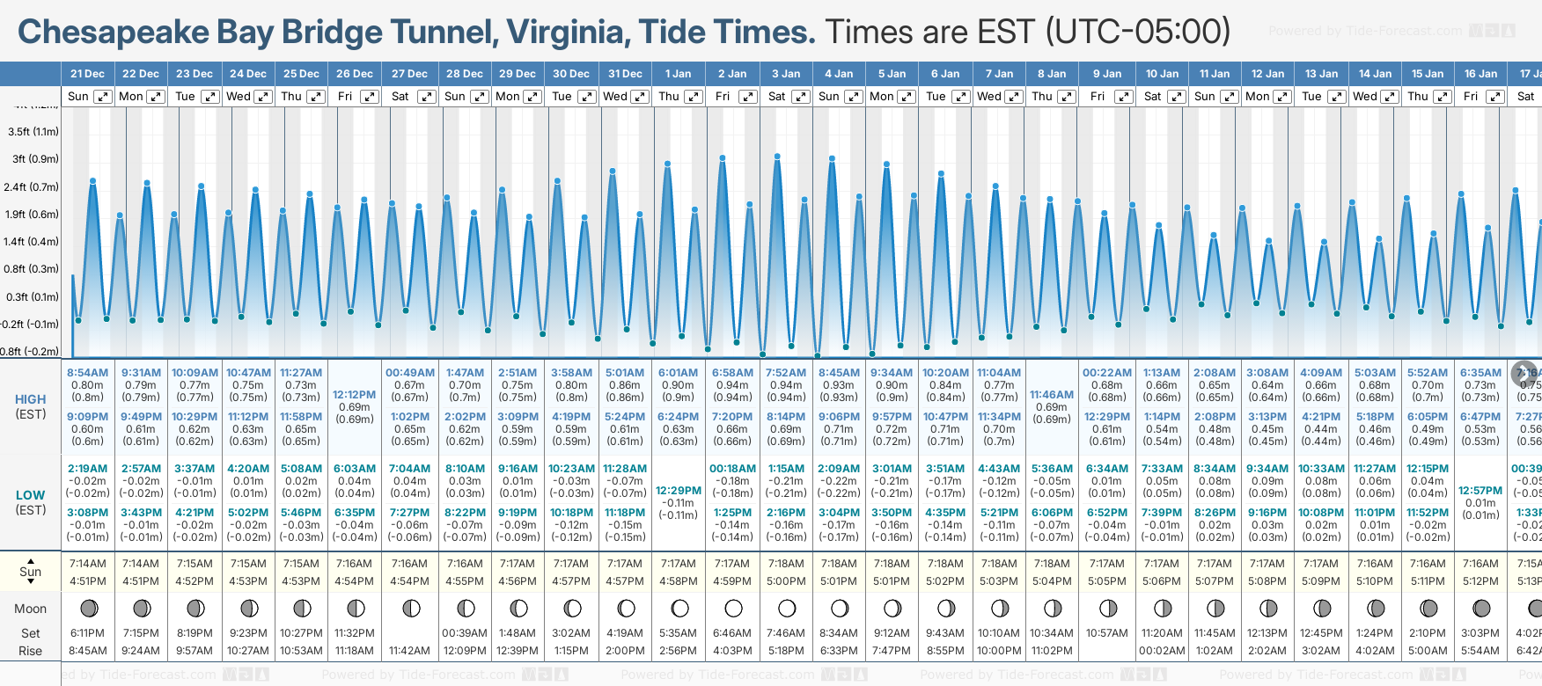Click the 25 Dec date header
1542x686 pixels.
(x=301, y=74)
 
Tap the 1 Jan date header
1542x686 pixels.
(x=678, y=74)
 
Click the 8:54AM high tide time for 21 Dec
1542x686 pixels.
(x=87, y=373)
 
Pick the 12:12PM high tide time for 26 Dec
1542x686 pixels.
(x=354, y=395)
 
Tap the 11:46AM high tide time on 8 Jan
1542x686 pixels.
(x=1052, y=395)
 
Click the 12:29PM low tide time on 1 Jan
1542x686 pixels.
(x=678, y=491)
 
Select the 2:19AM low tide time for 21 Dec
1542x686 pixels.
(x=87, y=469)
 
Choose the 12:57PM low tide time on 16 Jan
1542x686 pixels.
(x=1480, y=491)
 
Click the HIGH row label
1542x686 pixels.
(x=31, y=399)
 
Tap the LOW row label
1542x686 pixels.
(x=31, y=495)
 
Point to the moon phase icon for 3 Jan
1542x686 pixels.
(x=787, y=608)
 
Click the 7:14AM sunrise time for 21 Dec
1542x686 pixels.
(x=87, y=564)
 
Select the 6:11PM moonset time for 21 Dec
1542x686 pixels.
(x=87, y=633)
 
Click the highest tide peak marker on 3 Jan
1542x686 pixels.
(x=777, y=157)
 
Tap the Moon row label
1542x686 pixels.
(x=31, y=609)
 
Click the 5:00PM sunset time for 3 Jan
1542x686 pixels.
(x=786, y=581)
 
